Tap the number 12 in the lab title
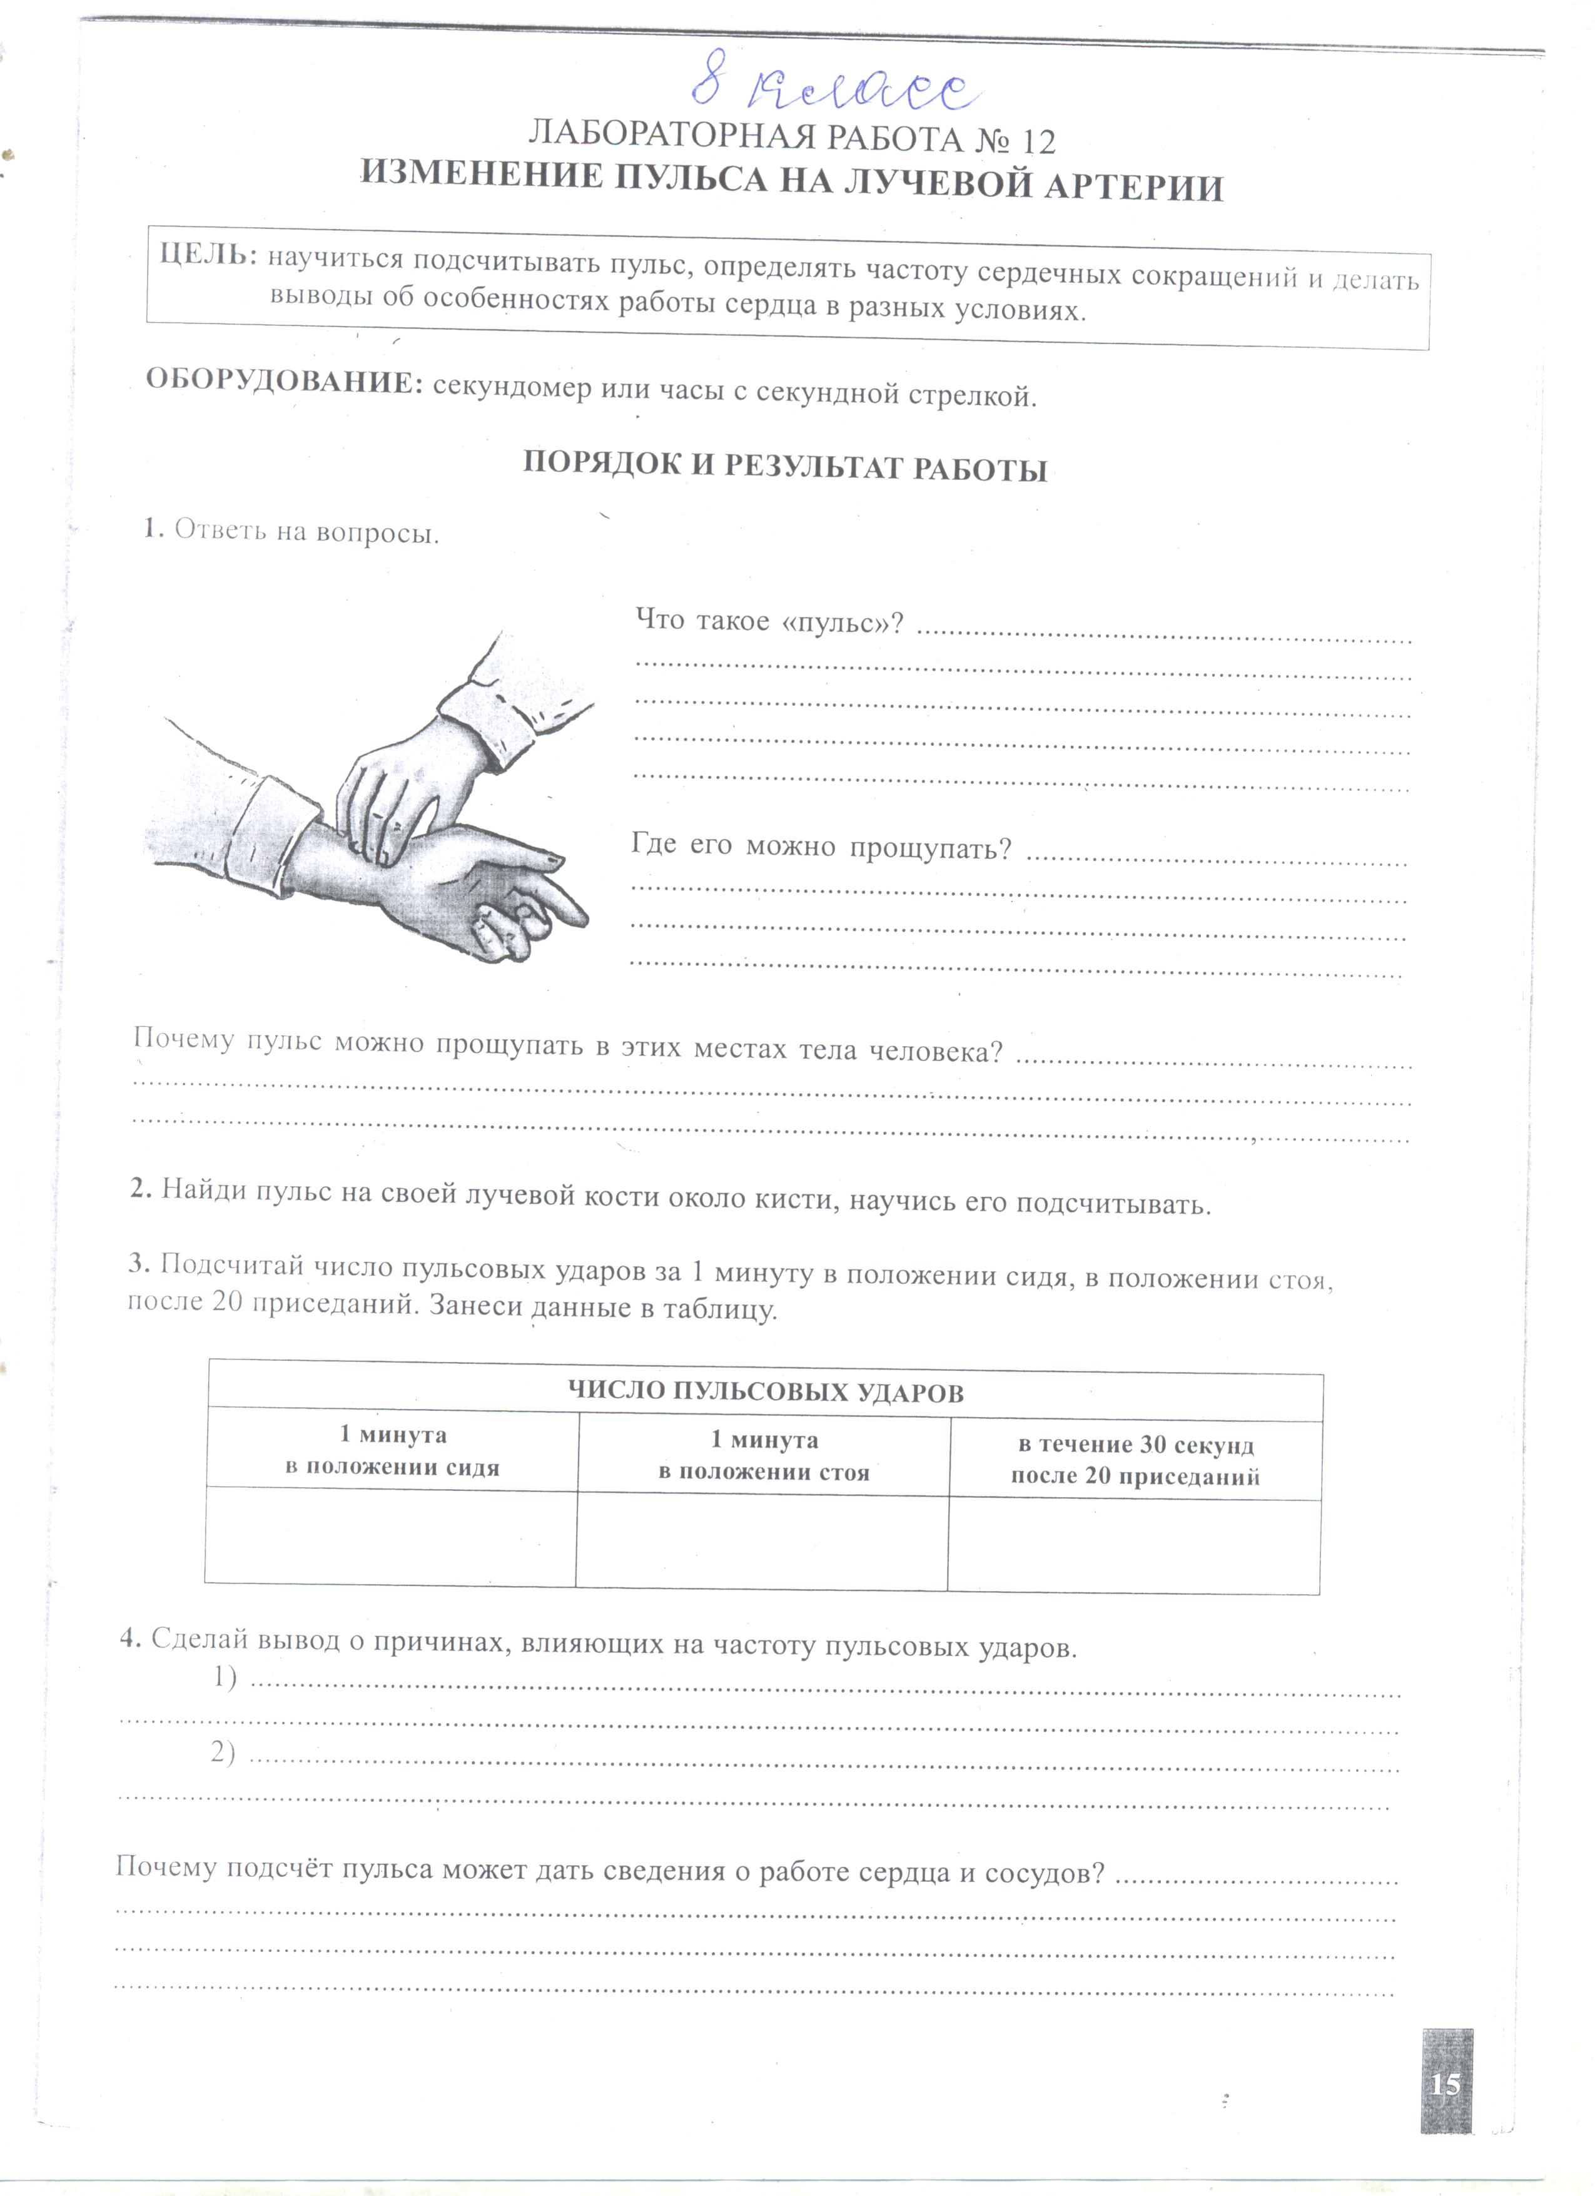(x=1036, y=141)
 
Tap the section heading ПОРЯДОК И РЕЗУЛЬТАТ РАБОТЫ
(x=785, y=469)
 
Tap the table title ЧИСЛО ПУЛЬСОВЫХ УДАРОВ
(x=764, y=1392)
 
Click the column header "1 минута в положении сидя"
(x=392, y=1450)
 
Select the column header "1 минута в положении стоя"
(x=764, y=1455)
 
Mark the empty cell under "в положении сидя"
(x=391, y=1538)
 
